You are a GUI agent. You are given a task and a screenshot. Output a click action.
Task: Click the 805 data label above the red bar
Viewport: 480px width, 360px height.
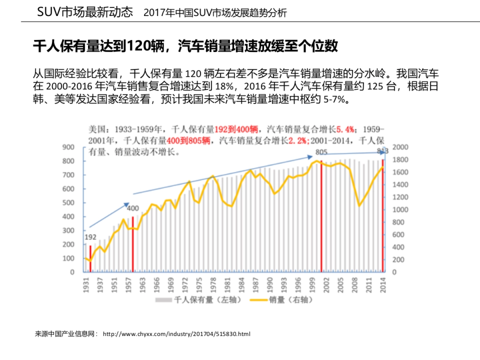click(x=322, y=152)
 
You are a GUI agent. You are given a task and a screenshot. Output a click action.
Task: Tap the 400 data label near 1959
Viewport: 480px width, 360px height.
click(x=133, y=208)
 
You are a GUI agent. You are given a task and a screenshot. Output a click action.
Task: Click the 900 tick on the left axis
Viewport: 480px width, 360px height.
click(x=68, y=147)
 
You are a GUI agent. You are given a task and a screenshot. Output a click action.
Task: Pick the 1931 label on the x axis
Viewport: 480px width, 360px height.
click(x=86, y=286)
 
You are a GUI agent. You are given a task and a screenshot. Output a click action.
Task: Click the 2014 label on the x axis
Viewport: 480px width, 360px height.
click(x=383, y=286)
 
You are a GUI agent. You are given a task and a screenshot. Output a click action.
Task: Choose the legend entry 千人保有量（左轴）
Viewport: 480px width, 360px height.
click(x=198, y=300)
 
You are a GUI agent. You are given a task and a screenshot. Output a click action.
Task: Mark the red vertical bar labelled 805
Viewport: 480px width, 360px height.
click(x=321, y=216)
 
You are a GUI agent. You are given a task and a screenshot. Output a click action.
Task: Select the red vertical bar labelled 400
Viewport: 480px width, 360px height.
click(x=133, y=244)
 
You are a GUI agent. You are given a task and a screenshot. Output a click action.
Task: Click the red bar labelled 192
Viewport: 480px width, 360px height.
click(x=90, y=258)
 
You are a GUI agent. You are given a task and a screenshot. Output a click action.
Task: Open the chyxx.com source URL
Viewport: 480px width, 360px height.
click(x=176, y=334)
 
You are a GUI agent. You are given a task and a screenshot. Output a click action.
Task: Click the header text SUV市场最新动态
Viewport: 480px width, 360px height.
click(x=85, y=12)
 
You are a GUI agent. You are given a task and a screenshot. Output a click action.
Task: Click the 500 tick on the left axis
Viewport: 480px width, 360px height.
click(x=68, y=203)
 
